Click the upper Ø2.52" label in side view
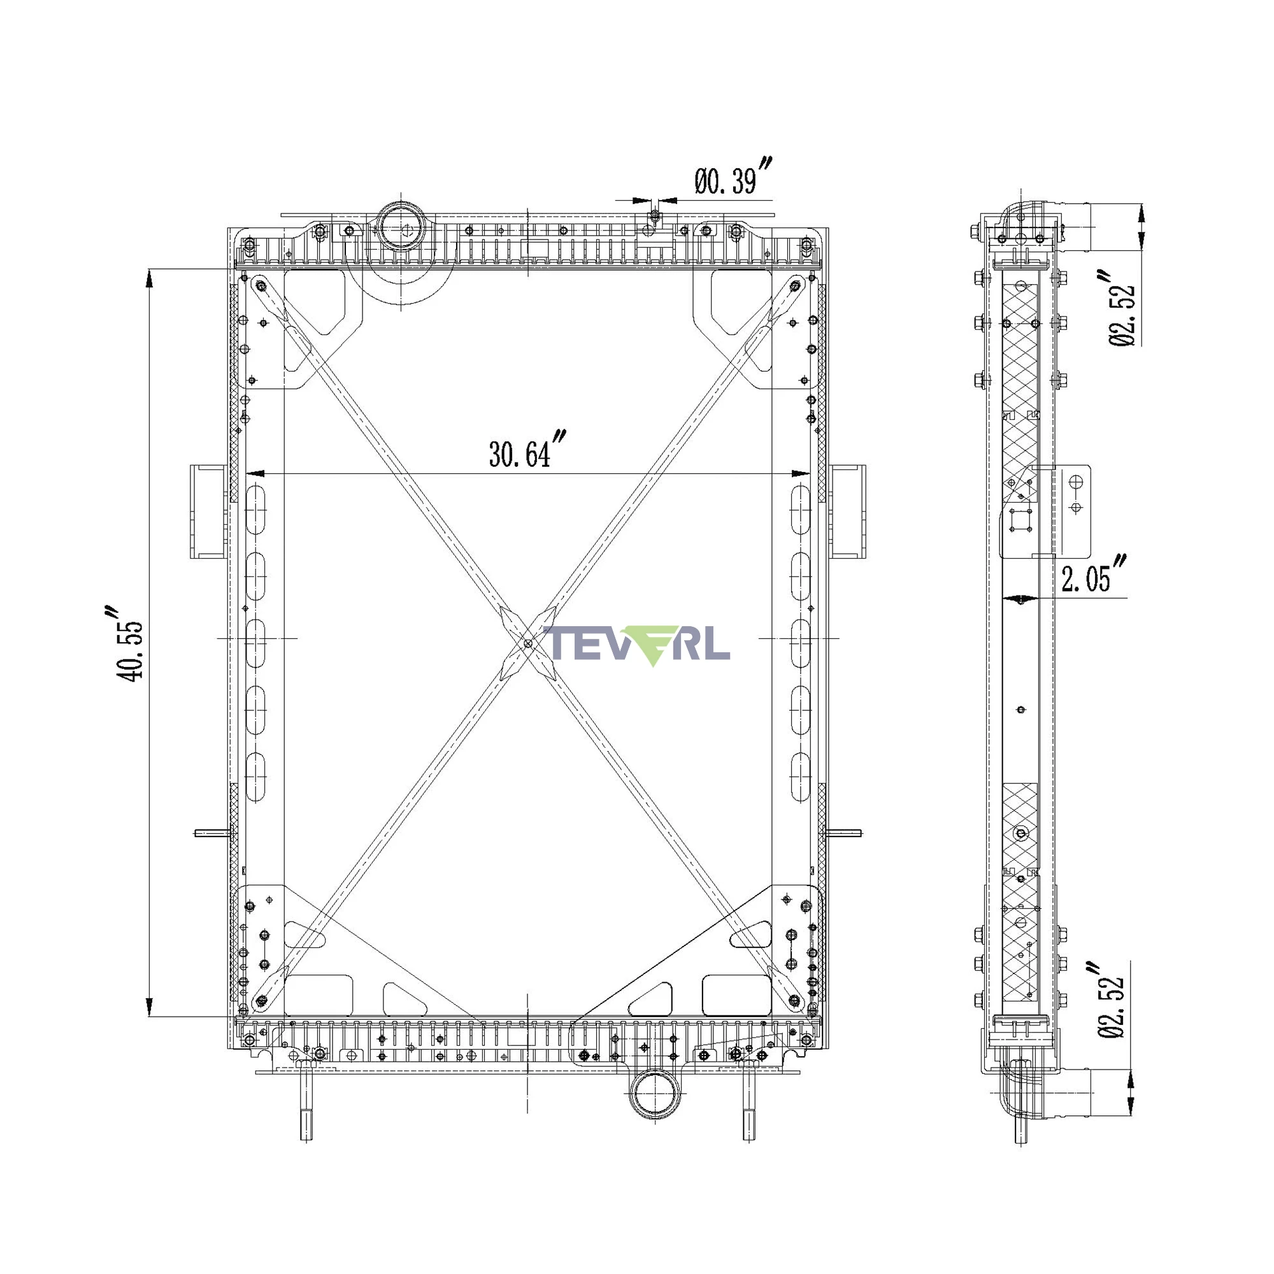point(1121,307)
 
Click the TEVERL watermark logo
point(637,644)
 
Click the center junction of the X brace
point(527,643)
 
